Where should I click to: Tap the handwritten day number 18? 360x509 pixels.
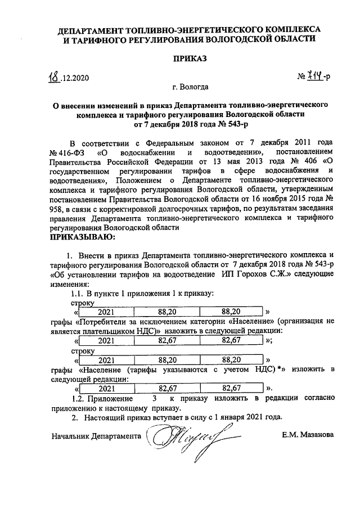coord(55,76)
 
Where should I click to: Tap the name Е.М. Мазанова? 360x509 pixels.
coord(308,435)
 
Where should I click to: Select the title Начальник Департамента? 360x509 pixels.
coord(96,436)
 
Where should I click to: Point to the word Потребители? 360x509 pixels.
coord(103,322)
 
